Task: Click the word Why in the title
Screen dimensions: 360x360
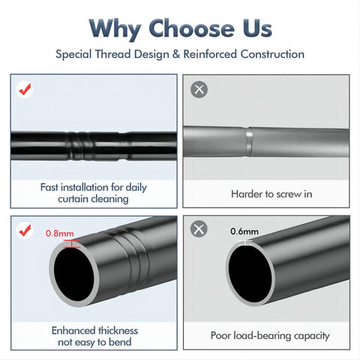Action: click(115, 29)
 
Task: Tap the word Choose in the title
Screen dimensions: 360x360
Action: click(191, 28)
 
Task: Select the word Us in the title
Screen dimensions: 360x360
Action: click(257, 28)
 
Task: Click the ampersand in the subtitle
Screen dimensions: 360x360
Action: click(176, 54)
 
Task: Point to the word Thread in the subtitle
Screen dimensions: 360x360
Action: click(112, 54)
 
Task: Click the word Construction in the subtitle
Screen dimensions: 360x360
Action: click(272, 54)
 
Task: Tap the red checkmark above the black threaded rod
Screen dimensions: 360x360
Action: click(25, 89)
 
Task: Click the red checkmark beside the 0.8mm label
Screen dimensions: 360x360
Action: click(25, 230)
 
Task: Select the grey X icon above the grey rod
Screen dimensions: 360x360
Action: click(199, 89)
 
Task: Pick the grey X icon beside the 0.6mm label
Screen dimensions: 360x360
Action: click(199, 229)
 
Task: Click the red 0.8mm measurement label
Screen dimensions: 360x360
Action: click(60, 233)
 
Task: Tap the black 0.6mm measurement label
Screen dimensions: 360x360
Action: click(244, 231)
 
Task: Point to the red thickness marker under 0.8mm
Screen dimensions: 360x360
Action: click(72, 244)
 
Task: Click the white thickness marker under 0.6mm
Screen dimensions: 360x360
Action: click(245, 242)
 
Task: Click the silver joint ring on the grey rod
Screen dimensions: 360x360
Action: click(249, 142)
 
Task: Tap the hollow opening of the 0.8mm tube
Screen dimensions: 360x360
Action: click(73, 275)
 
